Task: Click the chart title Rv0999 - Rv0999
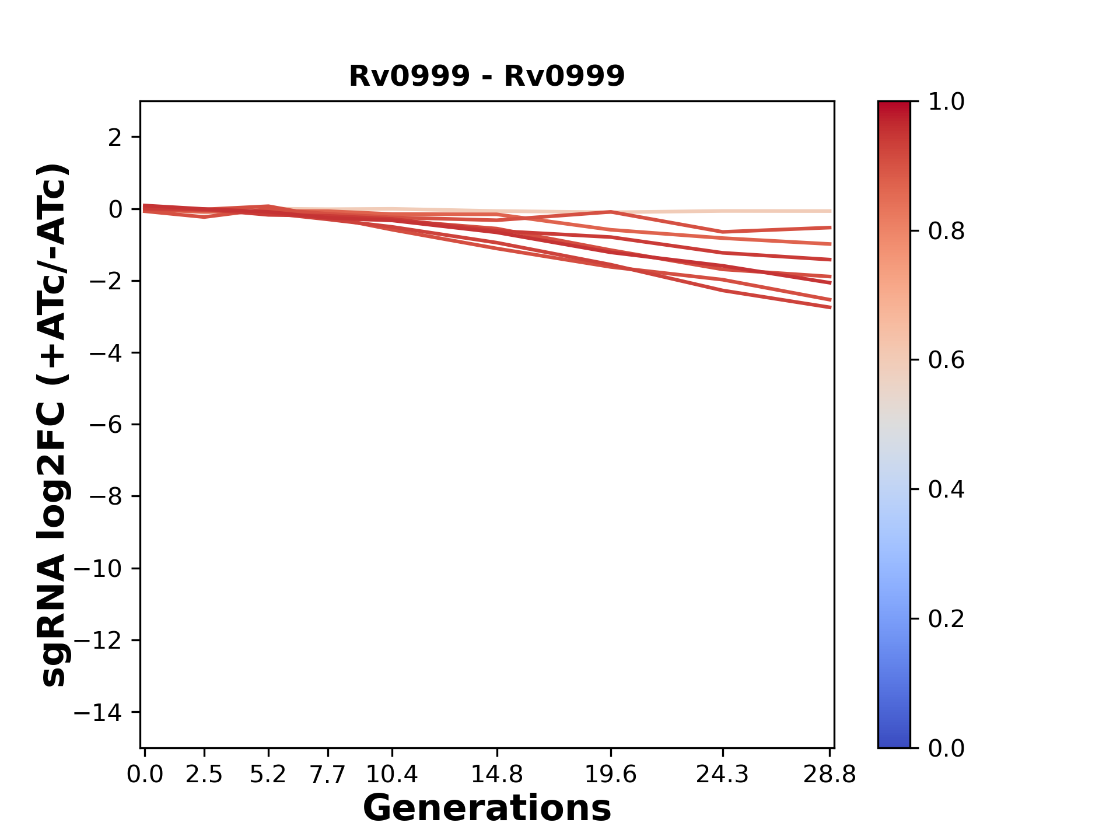[487, 76]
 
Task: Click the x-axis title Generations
[487, 808]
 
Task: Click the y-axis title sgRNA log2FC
[54, 425]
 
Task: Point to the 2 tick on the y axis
[115, 138]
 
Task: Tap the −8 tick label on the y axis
[106, 497]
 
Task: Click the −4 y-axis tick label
[106, 353]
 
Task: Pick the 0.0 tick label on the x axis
[145, 775]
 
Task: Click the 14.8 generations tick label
[496, 775]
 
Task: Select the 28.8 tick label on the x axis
[829, 775]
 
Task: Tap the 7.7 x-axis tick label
[328, 775]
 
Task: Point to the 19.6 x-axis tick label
[610, 775]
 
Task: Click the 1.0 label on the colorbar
[946, 102]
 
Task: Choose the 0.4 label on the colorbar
[946, 489]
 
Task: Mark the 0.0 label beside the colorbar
[946, 748]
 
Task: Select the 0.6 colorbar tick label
[946, 360]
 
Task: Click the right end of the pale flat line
[830, 211]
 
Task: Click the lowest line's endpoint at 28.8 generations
[830, 307]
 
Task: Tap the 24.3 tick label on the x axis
[723, 775]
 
